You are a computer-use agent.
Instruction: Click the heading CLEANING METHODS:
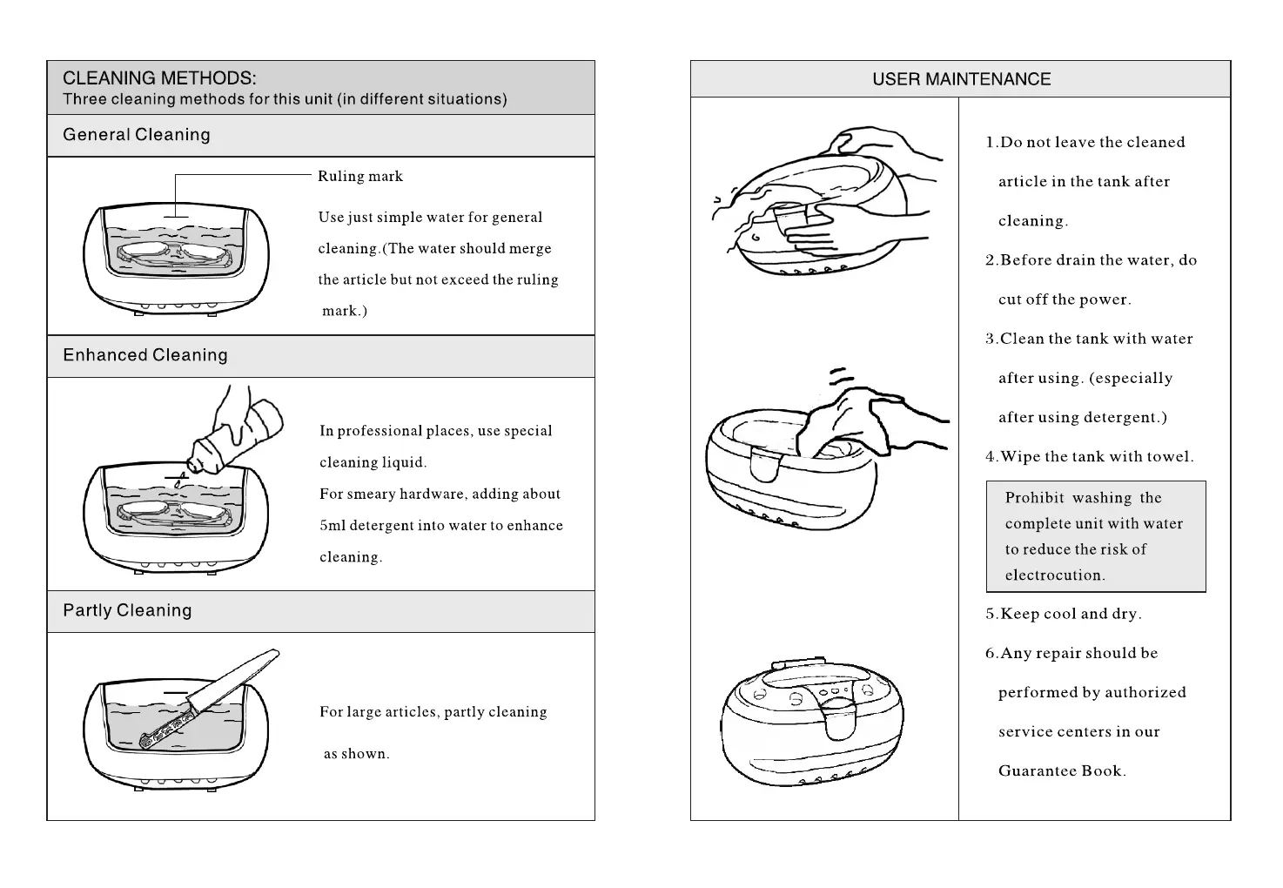click(x=159, y=78)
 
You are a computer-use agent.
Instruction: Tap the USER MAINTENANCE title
click(x=961, y=79)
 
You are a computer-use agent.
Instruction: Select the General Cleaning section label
click(x=137, y=135)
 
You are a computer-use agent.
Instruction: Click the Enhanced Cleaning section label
click(x=145, y=355)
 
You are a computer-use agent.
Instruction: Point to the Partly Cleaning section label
click(x=127, y=610)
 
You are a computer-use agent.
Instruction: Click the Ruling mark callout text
click(x=360, y=176)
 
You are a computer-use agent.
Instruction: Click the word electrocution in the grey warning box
click(x=1054, y=575)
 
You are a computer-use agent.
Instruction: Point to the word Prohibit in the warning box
click(x=1034, y=498)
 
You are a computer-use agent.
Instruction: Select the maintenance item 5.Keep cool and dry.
click(x=1063, y=614)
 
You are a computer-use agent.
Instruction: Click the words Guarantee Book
click(x=1062, y=770)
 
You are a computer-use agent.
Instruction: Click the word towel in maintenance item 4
click(x=1168, y=456)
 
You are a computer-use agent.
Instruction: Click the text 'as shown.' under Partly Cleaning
click(x=356, y=754)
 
